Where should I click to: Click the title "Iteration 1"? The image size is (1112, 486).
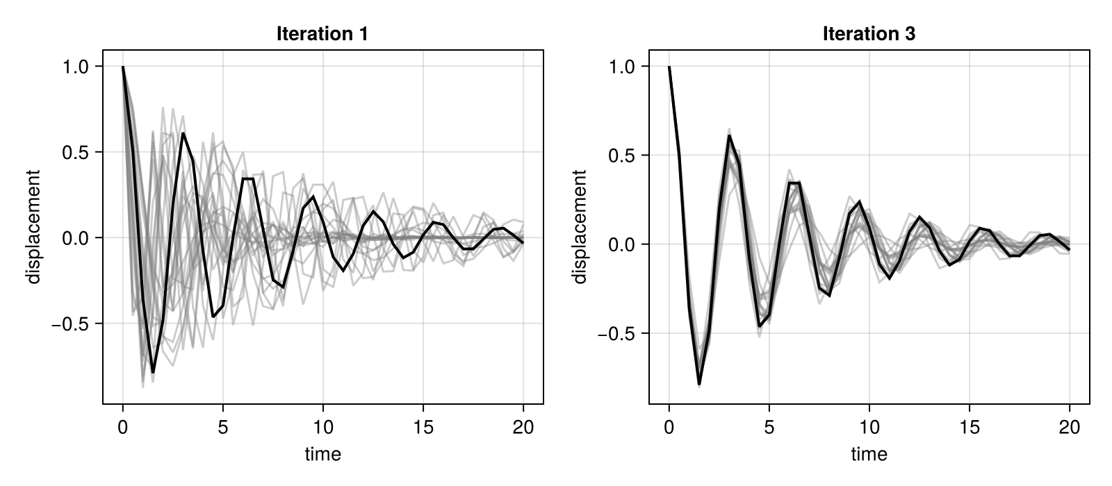[x=322, y=34]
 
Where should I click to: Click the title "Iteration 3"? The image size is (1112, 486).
[x=869, y=34]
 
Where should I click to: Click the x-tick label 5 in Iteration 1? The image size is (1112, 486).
[x=223, y=427]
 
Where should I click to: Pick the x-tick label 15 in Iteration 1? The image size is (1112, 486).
[x=423, y=427]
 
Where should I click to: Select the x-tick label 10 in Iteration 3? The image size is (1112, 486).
[x=869, y=427]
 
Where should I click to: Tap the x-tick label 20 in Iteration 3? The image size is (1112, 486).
[x=1070, y=427]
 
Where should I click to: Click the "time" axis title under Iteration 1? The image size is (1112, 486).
[x=322, y=454]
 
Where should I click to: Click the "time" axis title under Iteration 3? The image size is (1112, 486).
[x=869, y=454]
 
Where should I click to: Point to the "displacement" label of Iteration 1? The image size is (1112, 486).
[x=33, y=226]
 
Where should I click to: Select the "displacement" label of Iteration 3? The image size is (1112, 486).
[x=580, y=226]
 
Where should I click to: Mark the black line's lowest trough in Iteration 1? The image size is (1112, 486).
[x=153, y=372]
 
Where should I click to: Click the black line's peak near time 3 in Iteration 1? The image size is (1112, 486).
[x=183, y=133]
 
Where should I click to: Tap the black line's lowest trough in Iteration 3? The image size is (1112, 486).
[x=699, y=385]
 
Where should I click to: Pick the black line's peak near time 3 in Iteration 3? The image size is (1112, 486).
[x=729, y=135]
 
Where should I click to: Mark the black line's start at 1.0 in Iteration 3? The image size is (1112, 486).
[x=669, y=67]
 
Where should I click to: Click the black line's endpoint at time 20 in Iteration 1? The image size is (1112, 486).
[x=523, y=242]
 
